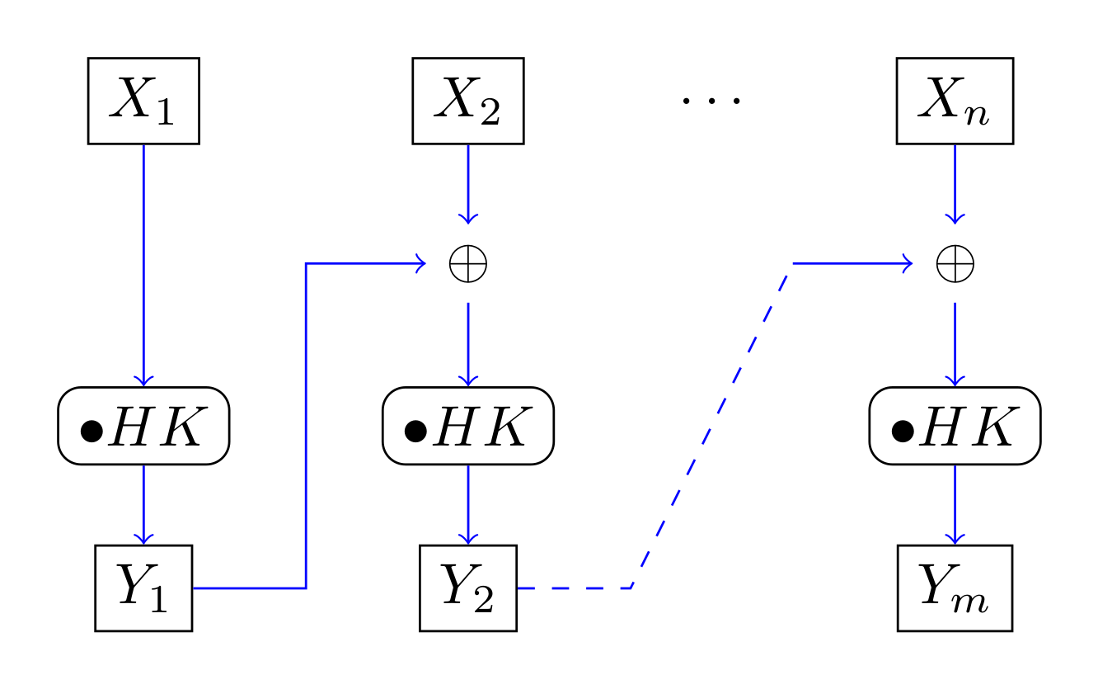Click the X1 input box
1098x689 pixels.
point(143,101)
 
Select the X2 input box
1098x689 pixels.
point(467,101)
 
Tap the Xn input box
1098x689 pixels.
point(955,101)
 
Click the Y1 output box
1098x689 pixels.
point(143,588)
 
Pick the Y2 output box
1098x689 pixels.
point(467,588)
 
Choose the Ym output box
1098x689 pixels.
point(955,588)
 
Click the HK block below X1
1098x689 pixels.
point(143,426)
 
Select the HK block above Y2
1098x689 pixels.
point(467,426)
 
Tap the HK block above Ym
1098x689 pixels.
point(955,426)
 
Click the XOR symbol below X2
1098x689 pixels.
point(467,264)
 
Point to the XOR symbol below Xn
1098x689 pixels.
point(955,264)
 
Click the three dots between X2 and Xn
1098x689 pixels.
point(711,101)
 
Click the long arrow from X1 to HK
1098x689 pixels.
point(143,264)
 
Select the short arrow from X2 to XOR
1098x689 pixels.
point(467,183)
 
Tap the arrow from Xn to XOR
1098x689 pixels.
point(955,183)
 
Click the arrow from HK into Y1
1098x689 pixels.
point(143,503)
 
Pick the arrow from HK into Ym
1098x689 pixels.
point(955,503)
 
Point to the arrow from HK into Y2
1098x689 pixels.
point(467,503)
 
